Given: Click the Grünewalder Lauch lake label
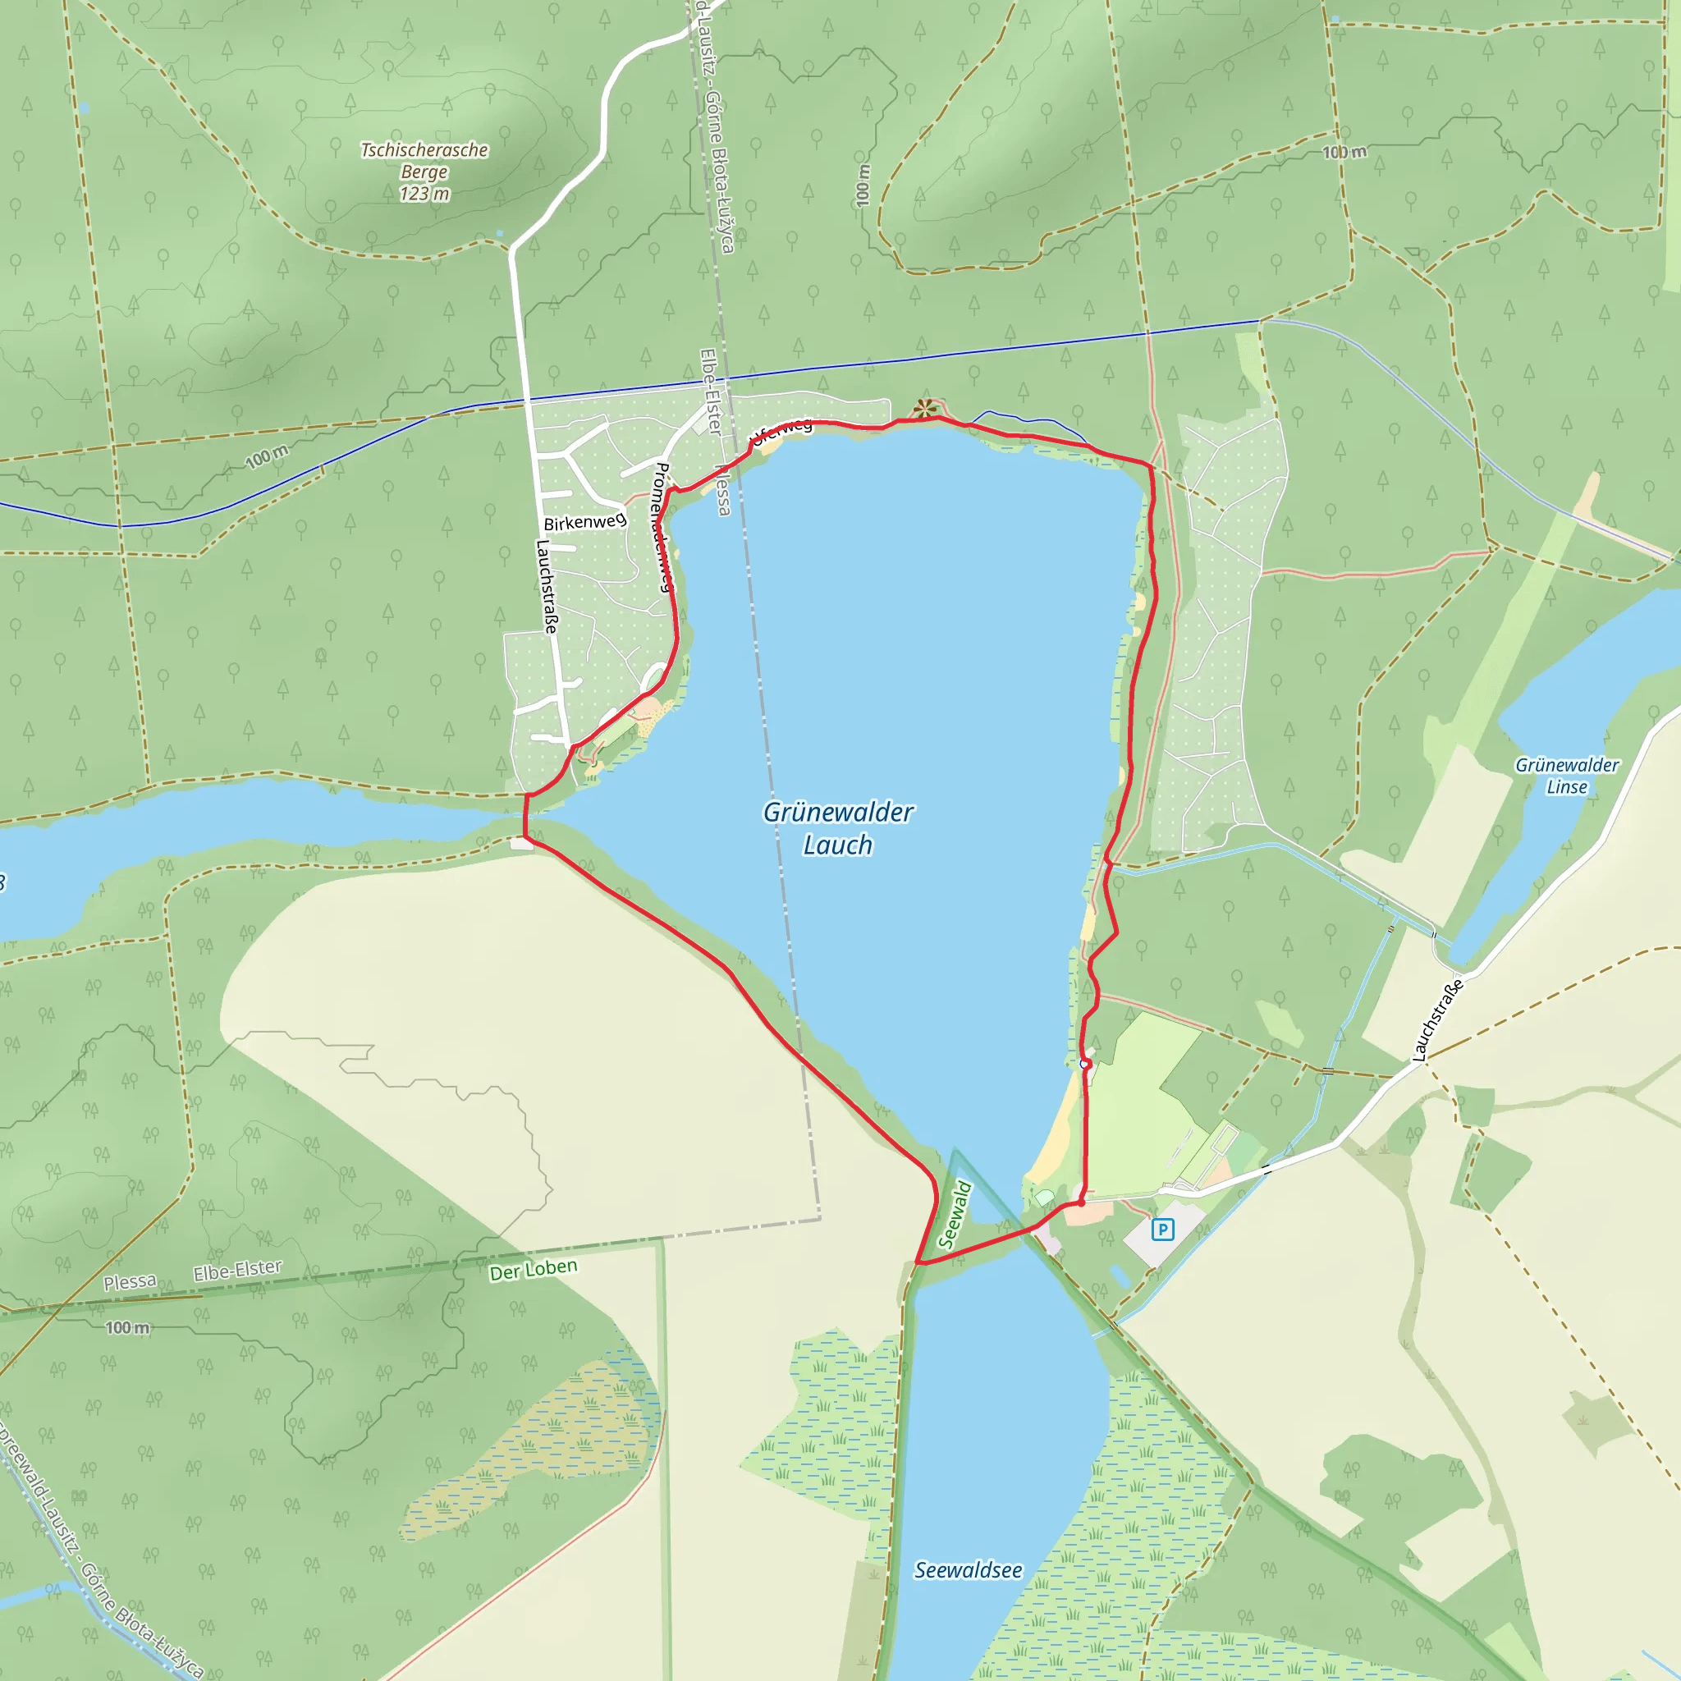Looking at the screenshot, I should pyautogui.click(x=837, y=828).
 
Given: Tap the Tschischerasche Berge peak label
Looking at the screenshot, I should pyautogui.click(x=424, y=161).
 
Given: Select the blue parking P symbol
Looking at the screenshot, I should pyautogui.click(x=1162, y=1230).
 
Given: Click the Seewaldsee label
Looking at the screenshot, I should pyautogui.click(x=968, y=1570).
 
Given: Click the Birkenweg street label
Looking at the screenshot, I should pyautogui.click(x=584, y=522).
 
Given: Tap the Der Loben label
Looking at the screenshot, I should pyautogui.click(x=533, y=1270).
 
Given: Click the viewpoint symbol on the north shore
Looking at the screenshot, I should pyautogui.click(x=925, y=408).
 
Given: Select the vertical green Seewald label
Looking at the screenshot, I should pyautogui.click(x=955, y=1215).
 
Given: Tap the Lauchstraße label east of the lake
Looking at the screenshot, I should pyautogui.click(x=1436, y=1019).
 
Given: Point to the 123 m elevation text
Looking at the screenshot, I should pyautogui.click(x=424, y=194).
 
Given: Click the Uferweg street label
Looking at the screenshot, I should pyautogui.click(x=782, y=430).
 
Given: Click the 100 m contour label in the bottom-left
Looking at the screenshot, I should pyautogui.click(x=127, y=1328).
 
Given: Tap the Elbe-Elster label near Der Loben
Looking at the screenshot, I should pyautogui.click(x=237, y=1271).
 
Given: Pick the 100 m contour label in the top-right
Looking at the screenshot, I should pyautogui.click(x=1344, y=153).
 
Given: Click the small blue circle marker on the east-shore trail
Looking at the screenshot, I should pyautogui.click(x=1084, y=1064).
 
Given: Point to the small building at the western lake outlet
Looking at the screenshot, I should pyautogui.click(x=521, y=842).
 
